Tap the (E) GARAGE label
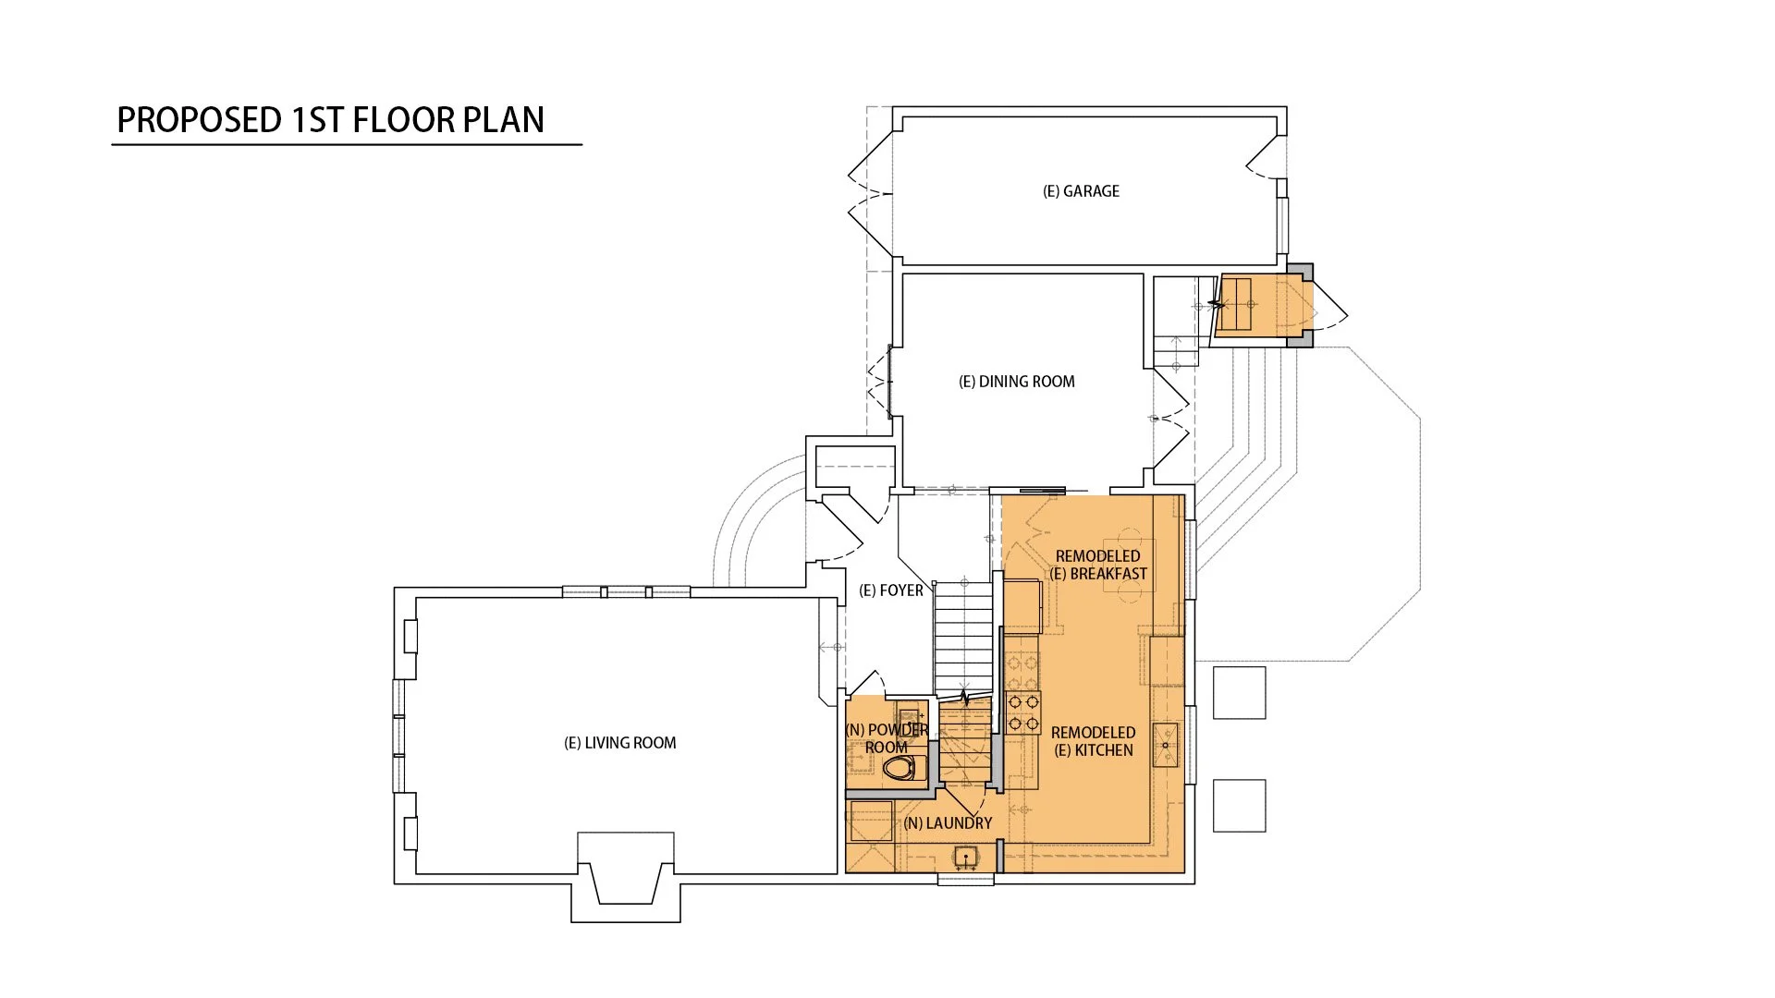point(1081,191)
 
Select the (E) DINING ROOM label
point(1016,382)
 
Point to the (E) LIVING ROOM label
point(619,743)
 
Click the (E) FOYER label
point(891,590)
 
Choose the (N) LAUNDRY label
point(948,823)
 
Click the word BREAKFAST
point(1108,574)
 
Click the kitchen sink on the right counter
point(1166,745)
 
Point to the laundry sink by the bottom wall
point(965,858)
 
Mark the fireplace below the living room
point(626,876)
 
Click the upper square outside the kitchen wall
point(1239,693)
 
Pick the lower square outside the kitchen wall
point(1239,805)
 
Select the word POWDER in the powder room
point(898,730)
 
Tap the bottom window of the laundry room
point(966,879)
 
